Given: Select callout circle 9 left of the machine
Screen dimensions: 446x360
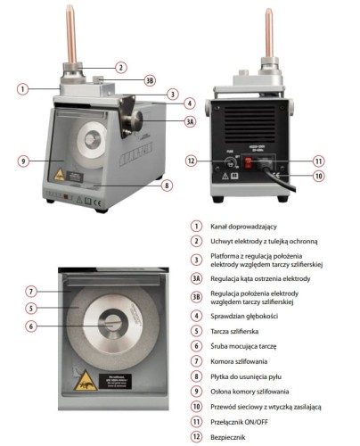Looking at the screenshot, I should [x=24, y=161].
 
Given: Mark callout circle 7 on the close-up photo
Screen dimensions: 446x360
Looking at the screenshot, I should [x=29, y=292].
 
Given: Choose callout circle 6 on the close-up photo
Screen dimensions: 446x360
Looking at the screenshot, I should [x=29, y=326].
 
